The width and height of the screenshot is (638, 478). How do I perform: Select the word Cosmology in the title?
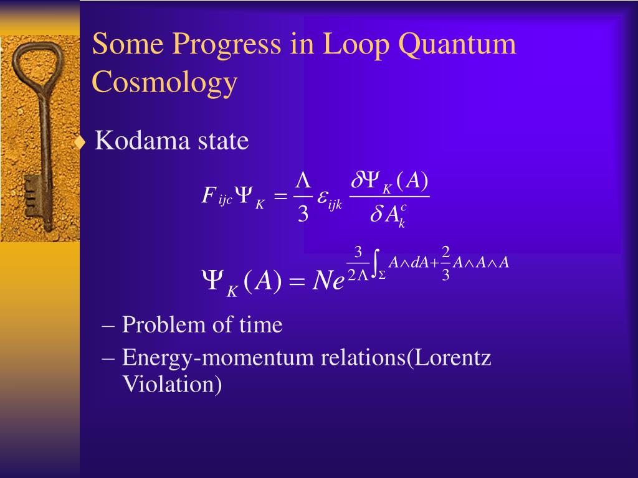point(165,82)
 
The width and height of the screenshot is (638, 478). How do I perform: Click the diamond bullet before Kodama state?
point(79,143)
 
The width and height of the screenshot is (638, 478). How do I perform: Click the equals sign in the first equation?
point(282,197)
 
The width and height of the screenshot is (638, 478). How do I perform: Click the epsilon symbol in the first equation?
point(323,197)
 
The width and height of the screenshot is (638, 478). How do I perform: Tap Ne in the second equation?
point(329,281)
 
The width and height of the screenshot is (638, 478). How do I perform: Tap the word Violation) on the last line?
point(172,384)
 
